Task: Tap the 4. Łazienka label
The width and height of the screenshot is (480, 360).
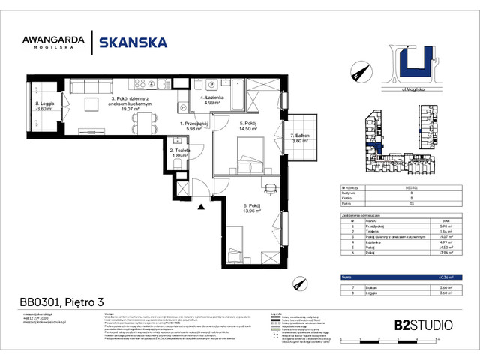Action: (212, 100)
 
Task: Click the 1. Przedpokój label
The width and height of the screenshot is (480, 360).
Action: (192, 127)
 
